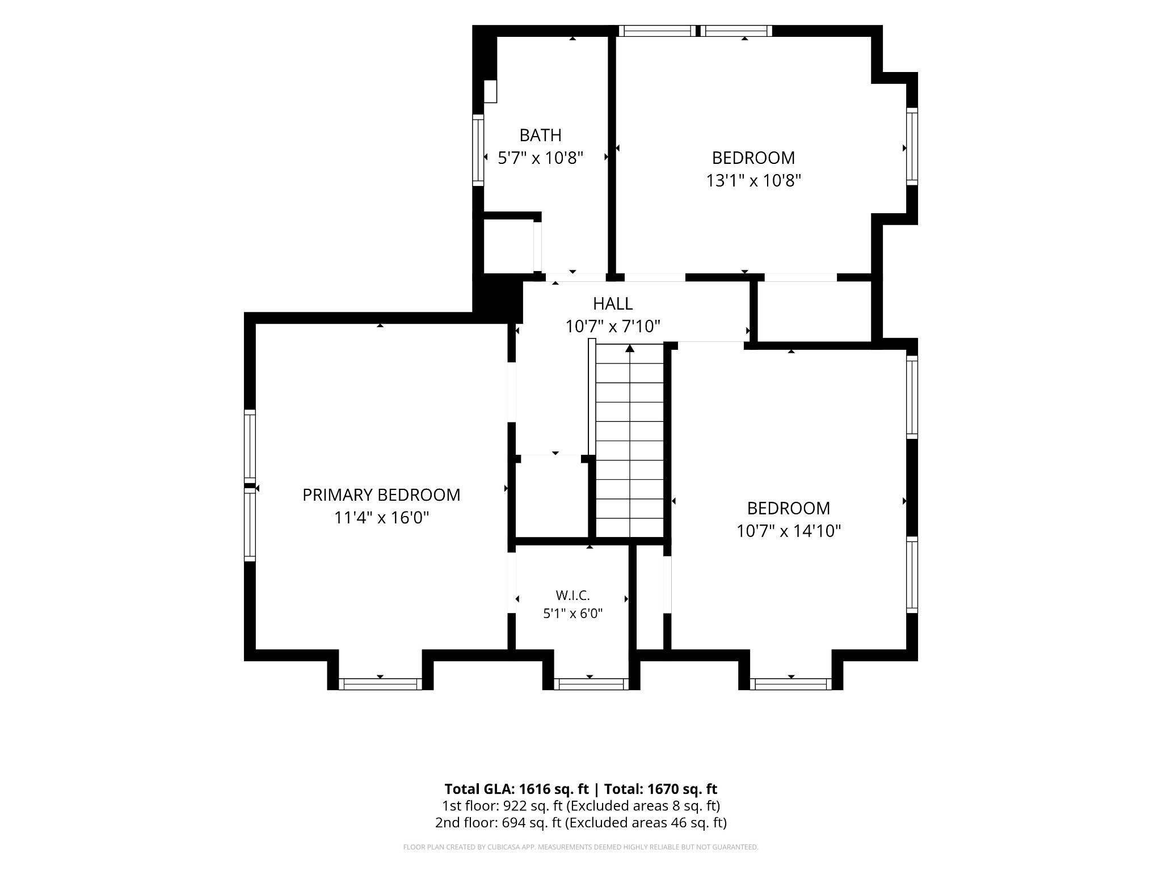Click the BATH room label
541,135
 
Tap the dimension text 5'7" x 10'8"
541,158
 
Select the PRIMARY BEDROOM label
381,495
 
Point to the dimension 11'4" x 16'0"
381,518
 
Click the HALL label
613,304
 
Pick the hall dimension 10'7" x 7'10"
613,327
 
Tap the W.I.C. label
573,595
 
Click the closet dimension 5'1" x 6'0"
573,613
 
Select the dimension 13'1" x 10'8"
753,180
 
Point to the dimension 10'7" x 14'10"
789,531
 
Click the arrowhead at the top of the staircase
630,348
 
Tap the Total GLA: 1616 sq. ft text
517,789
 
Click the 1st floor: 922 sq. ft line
581,806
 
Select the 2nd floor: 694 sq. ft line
581,823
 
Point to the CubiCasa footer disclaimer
581,847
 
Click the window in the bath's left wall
478,150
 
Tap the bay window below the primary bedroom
380,684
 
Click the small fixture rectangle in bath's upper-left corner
490,91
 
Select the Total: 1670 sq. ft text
660,789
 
